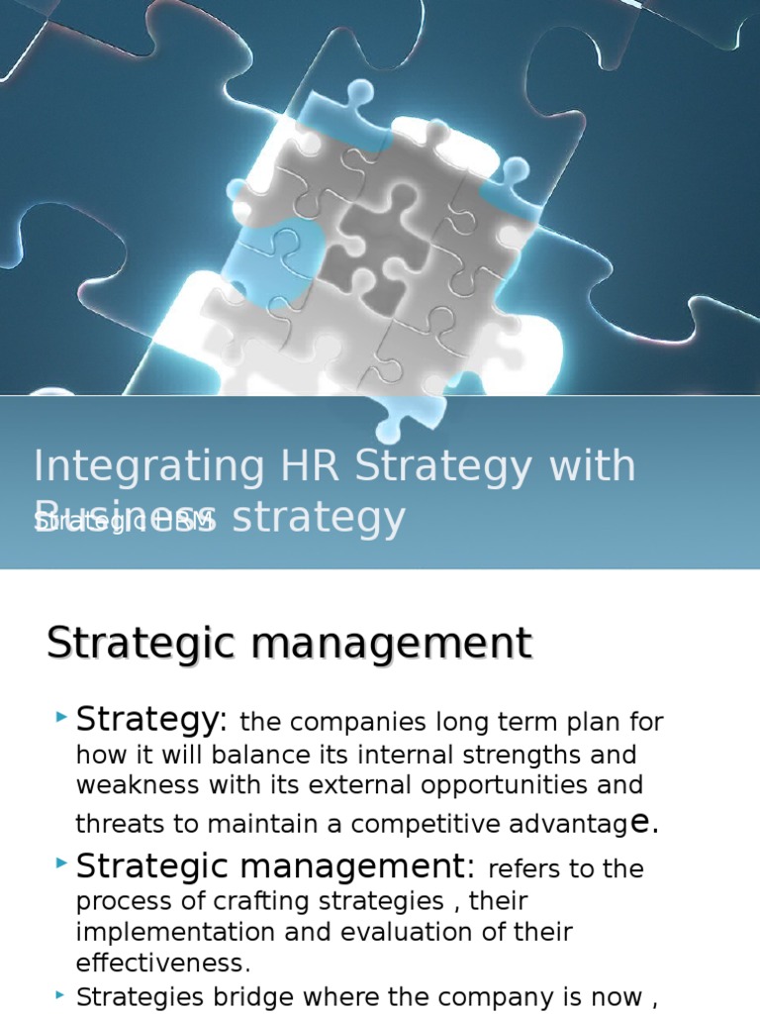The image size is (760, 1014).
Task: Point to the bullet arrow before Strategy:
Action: pyautogui.click(x=63, y=715)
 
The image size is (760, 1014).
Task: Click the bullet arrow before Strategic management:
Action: pyautogui.click(x=63, y=864)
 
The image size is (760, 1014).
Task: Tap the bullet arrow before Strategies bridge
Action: pyautogui.click(x=63, y=992)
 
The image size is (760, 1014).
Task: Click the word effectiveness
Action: pyautogui.click(x=160, y=963)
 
